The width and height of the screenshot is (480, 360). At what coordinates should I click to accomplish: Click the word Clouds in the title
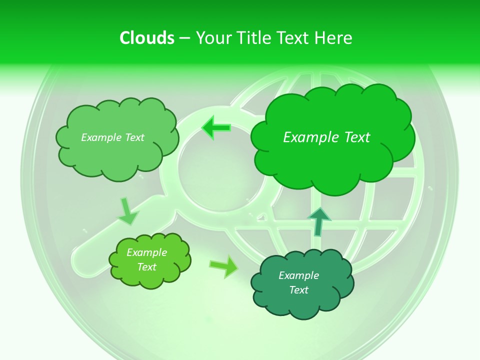(147, 37)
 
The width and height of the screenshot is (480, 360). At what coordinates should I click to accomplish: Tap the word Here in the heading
(333, 37)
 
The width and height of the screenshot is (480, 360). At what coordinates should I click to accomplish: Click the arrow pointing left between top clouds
(216, 128)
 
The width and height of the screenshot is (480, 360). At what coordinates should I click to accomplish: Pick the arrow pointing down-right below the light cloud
(127, 211)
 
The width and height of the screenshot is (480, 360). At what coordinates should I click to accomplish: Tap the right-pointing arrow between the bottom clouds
(224, 266)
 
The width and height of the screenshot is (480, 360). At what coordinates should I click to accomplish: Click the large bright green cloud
(332, 135)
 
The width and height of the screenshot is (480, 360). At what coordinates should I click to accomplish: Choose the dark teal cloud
(302, 282)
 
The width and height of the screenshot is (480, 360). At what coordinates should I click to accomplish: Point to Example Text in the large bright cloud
(326, 137)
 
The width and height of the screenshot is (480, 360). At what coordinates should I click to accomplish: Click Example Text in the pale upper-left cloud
(112, 137)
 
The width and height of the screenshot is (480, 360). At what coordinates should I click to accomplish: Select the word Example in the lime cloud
(147, 252)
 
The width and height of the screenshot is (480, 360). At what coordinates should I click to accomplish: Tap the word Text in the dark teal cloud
(298, 290)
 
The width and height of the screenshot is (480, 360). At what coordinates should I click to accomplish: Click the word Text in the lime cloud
(147, 267)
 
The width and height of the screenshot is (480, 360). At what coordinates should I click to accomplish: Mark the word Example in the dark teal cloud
(298, 275)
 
